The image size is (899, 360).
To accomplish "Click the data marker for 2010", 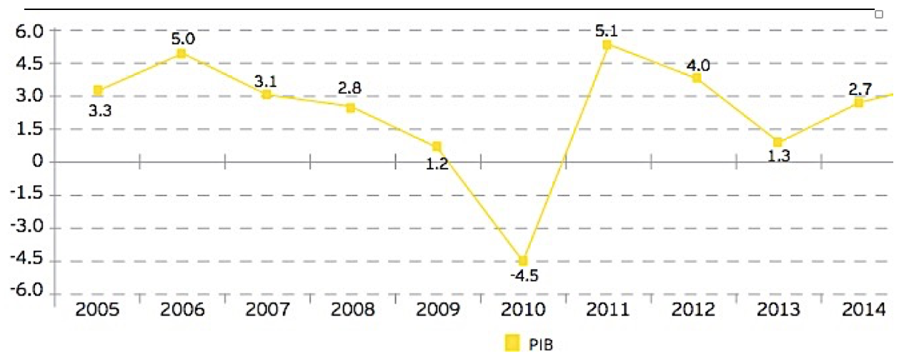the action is point(523,261).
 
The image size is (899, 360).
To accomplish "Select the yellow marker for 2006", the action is point(182,54).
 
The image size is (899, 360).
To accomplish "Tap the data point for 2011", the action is point(607,44).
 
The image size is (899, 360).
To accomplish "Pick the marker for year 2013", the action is point(778,142).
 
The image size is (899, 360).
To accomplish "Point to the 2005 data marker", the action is point(98,90).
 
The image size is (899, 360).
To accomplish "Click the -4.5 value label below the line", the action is point(524,276).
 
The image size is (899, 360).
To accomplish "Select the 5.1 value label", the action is point(606,31).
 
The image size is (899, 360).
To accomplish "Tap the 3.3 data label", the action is point(100,111).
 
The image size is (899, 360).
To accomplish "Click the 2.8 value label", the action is point(349,88).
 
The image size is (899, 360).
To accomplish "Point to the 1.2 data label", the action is point(437,164).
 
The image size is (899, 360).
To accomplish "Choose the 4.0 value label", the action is point(698,65).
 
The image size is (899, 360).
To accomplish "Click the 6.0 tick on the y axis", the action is point(29,31).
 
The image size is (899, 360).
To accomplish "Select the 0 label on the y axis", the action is point(37,161).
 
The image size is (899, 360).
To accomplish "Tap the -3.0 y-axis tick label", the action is point(26,226).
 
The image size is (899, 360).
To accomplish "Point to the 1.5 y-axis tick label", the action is point(29,129).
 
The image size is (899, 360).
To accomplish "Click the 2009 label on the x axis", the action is point(437,309).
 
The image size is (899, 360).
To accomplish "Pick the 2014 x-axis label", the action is point(864,309).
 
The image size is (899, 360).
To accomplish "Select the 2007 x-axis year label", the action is point(267,309).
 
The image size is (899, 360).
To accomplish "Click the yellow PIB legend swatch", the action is point(512,343).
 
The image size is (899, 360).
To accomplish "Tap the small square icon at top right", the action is point(879,14).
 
